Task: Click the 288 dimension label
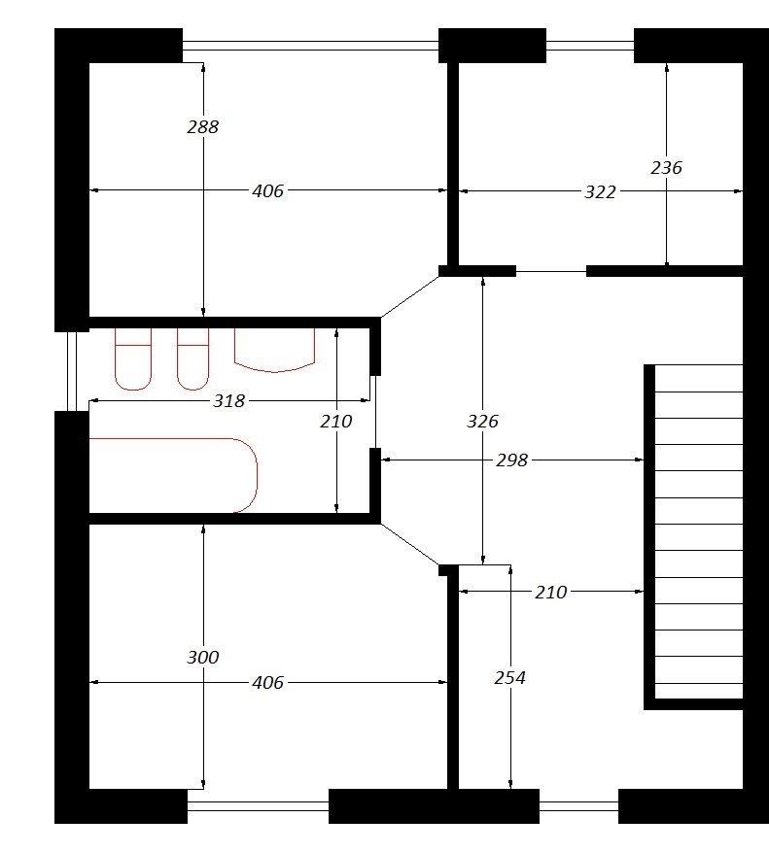tap(202, 126)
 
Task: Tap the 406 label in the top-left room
tap(267, 191)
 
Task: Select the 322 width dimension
tap(600, 191)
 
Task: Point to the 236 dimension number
tap(666, 167)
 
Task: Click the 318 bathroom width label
tap(229, 401)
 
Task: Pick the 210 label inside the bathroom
tap(336, 421)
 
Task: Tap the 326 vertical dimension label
tap(482, 421)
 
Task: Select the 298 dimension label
tap(511, 460)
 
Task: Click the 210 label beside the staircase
tap(551, 592)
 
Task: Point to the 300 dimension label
tap(202, 657)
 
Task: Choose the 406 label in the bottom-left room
tap(267, 682)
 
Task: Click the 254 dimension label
tap(510, 677)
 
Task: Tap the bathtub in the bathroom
tap(173, 475)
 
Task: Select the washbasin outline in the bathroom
tap(274, 351)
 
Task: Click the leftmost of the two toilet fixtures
tap(132, 359)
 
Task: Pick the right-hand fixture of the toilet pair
tap(193, 359)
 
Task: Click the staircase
tap(693, 537)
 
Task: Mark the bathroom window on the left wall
tap(72, 371)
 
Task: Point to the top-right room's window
tap(590, 45)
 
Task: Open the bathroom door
tap(373, 411)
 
